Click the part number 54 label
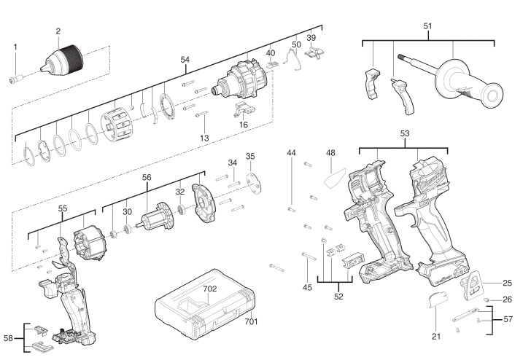point(185,60)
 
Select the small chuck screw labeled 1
point(15,79)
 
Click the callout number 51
point(427,26)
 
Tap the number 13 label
point(204,138)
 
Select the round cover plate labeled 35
point(254,184)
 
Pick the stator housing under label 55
point(90,243)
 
